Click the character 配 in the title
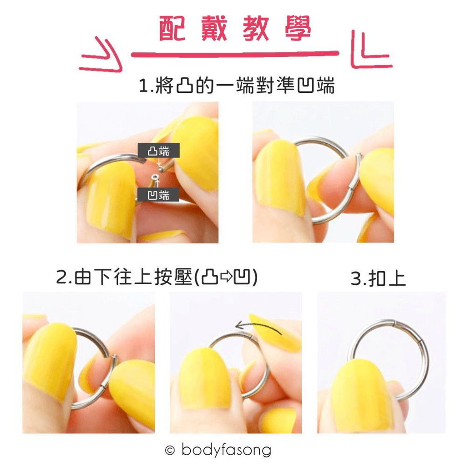click(173, 30)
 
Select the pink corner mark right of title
click(370, 50)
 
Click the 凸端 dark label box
click(159, 151)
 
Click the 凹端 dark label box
click(159, 195)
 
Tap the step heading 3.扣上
click(378, 279)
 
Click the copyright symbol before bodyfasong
click(170, 451)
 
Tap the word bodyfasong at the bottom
click(226, 451)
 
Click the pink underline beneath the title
click(234, 54)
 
